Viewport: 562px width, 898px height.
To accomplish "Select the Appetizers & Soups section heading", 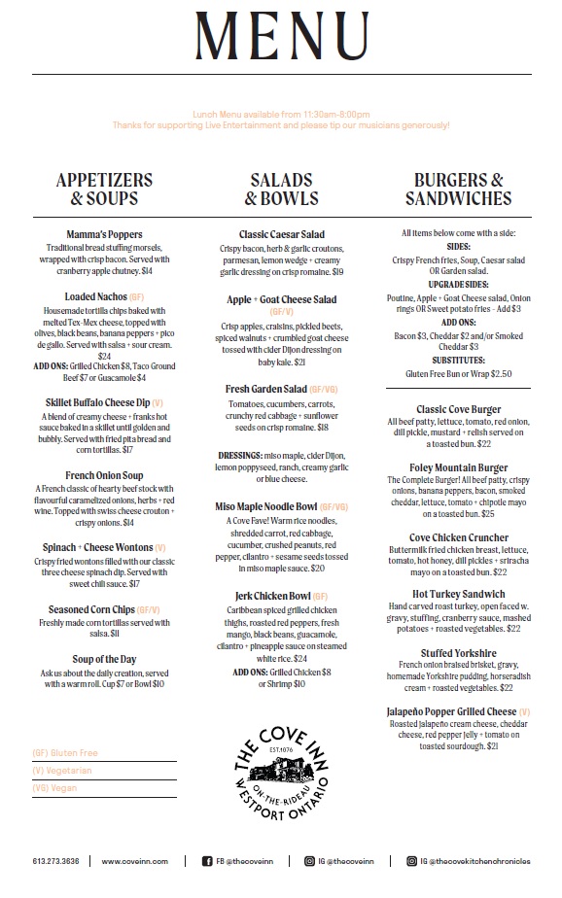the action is [x=104, y=190].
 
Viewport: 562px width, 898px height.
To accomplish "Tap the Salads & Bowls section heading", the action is [x=281, y=190].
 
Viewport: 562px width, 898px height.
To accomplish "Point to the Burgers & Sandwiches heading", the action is [x=458, y=190].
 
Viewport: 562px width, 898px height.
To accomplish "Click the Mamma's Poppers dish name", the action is [x=104, y=235].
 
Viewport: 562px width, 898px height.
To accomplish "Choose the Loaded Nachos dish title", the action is [x=95, y=296].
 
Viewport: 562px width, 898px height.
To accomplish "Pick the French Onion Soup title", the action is [x=104, y=475].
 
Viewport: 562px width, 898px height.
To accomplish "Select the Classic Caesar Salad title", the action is [x=281, y=235].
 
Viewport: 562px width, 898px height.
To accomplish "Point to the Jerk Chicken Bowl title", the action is [x=272, y=595].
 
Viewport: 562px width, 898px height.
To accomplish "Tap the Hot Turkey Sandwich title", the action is [x=459, y=593].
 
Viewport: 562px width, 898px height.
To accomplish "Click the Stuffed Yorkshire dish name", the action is [x=459, y=653].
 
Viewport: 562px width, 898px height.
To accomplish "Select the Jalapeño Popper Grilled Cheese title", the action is [x=452, y=712].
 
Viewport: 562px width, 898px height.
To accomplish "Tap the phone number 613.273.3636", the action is [x=55, y=861].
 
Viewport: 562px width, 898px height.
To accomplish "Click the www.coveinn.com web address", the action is [x=135, y=861].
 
